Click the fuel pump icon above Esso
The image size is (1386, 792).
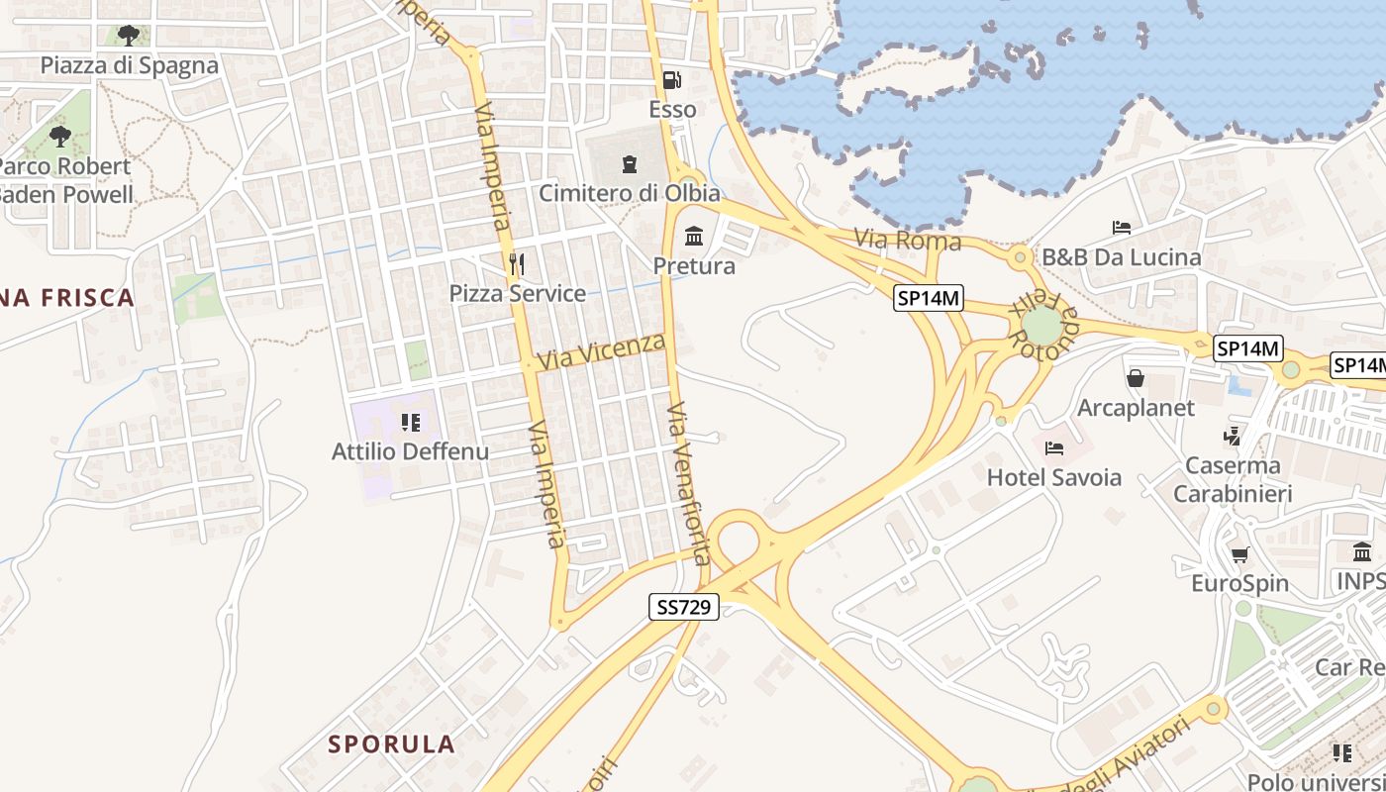[x=671, y=79]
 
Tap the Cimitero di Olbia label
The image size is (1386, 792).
[x=630, y=193]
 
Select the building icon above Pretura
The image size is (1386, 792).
[x=694, y=237]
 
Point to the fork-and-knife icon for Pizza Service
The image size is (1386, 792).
[x=516, y=263]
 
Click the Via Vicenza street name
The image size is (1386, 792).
[x=602, y=351]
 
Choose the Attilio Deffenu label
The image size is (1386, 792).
[x=410, y=451]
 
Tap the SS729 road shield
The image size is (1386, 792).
[x=684, y=607]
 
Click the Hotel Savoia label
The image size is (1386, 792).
[x=1054, y=477]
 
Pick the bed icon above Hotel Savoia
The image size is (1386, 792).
[x=1054, y=447]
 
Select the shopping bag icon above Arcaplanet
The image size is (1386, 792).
[x=1136, y=378]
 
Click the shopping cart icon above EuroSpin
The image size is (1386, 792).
[x=1239, y=554]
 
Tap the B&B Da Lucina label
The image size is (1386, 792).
[x=1121, y=257]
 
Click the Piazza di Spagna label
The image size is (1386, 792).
[x=129, y=65]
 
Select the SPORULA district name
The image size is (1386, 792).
[x=392, y=743]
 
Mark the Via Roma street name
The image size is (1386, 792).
[x=907, y=241]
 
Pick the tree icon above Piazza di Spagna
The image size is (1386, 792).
[x=129, y=36]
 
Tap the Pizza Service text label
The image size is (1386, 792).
[x=518, y=293]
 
